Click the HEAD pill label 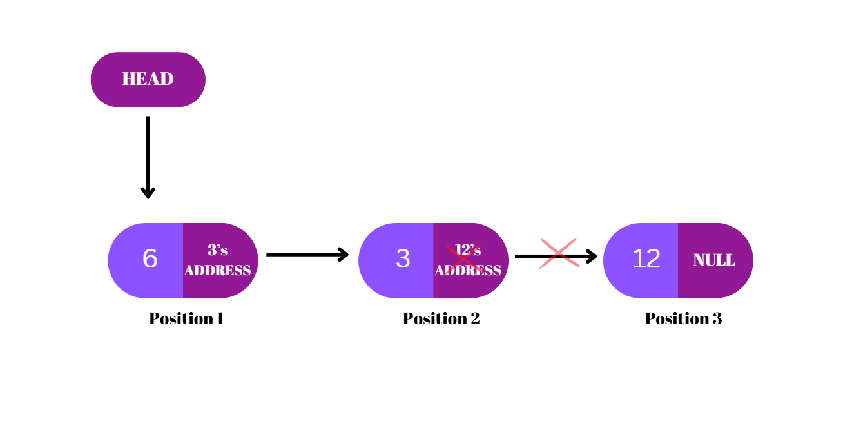(148, 79)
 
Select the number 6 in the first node (150, 259)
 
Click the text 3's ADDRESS (217, 260)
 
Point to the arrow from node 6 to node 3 (307, 255)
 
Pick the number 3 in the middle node (403, 259)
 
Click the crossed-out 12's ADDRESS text (468, 260)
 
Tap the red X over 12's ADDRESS (463, 258)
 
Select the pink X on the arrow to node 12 (559, 253)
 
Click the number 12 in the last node (646, 259)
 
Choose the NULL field (714, 260)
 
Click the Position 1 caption (186, 318)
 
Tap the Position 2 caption (441, 318)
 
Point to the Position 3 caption (683, 318)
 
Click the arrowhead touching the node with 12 (591, 257)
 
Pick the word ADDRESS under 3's (217, 271)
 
